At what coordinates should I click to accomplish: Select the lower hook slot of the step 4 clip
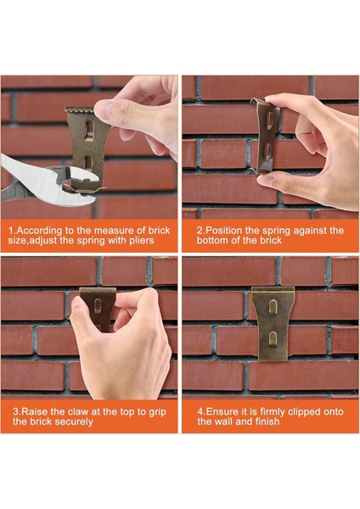(273, 338)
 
